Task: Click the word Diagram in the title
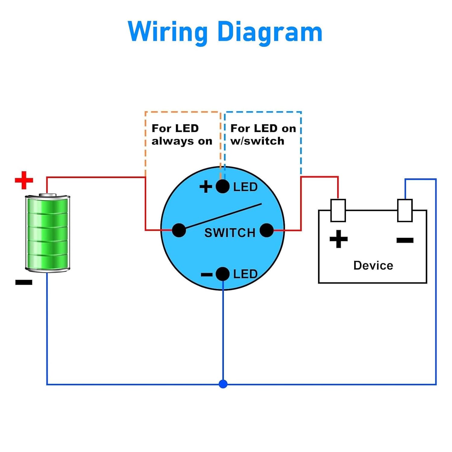pyautogui.click(x=270, y=32)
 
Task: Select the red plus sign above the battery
pyautogui.click(x=24, y=180)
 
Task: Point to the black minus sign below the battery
pyautogui.click(x=24, y=282)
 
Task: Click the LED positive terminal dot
pyautogui.click(x=223, y=187)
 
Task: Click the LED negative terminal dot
pyautogui.click(x=223, y=274)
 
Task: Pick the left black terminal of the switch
pyautogui.click(x=179, y=231)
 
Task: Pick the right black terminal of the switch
pyautogui.click(x=266, y=231)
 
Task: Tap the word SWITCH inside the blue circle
pyautogui.click(x=230, y=233)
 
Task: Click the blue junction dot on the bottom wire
pyautogui.click(x=223, y=384)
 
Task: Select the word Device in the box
pyautogui.click(x=373, y=265)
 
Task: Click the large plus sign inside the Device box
pyautogui.click(x=339, y=239)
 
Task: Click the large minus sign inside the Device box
pyautogui.click(x=405, y=240)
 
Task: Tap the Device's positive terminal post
pyautogui.click(x=338, y=210)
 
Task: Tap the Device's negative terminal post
pyautogui.click(x=405, y=210)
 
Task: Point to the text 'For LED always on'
pyautogui.click(x=182, y=134)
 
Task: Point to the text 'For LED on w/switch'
pyautogui.click(x=263, y=134)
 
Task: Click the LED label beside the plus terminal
pyautogui.click(x=245, y=187)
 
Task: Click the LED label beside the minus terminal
pyautogui.click(x=245, y=274)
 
